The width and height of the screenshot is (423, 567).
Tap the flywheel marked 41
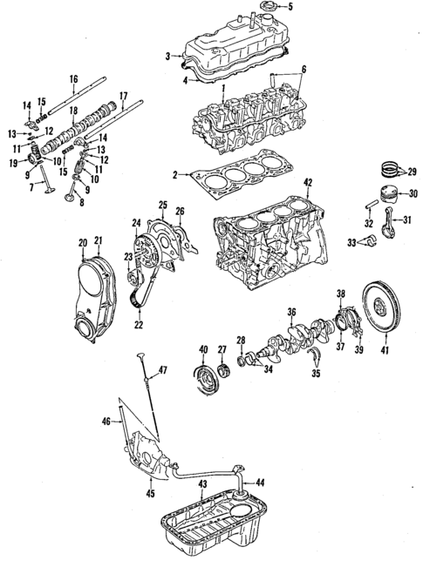[385, 307]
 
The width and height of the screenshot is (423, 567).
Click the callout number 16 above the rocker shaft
[74, 80]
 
